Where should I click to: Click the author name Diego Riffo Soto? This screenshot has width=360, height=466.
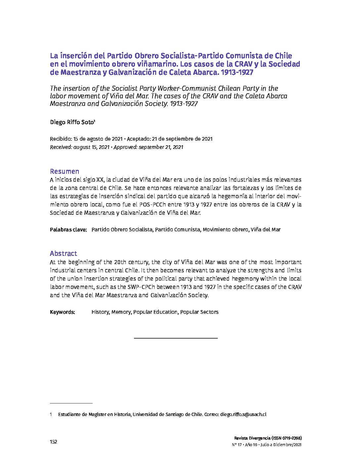(72, 122)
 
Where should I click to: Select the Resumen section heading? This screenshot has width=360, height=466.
(65, 171)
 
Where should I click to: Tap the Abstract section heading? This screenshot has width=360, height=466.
(63, 254)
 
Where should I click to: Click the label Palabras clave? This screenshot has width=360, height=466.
(68, 229)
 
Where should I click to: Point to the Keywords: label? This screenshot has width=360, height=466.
(63, 312)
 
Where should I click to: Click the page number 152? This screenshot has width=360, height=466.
(53, 442)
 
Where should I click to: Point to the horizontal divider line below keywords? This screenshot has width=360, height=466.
(176, 338)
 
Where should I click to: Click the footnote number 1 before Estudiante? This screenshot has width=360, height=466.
(51, 414)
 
